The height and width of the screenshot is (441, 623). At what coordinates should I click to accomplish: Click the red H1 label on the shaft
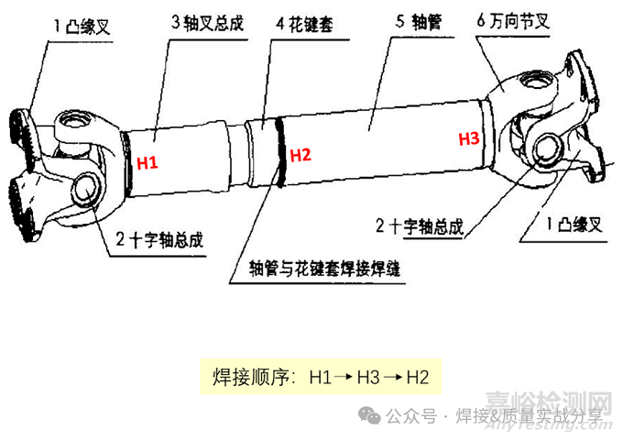(x=148, y=163)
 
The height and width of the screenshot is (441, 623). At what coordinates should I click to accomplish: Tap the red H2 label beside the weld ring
(x=301, y=155)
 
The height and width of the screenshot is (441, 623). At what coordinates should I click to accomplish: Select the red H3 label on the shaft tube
(x=468, y=139)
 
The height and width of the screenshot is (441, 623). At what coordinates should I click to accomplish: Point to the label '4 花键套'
(x=302, y=26)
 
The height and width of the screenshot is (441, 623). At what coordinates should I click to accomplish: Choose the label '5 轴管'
(x=408, y=18)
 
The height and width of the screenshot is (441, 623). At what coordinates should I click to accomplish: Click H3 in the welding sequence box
(x=368, y=377)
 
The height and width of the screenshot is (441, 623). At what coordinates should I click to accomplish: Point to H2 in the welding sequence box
(x=417, y=377)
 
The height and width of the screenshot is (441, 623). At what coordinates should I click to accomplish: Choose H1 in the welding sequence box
(x=321, y=377)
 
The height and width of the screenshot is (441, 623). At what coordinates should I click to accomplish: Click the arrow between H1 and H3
(x=344, y=377)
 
